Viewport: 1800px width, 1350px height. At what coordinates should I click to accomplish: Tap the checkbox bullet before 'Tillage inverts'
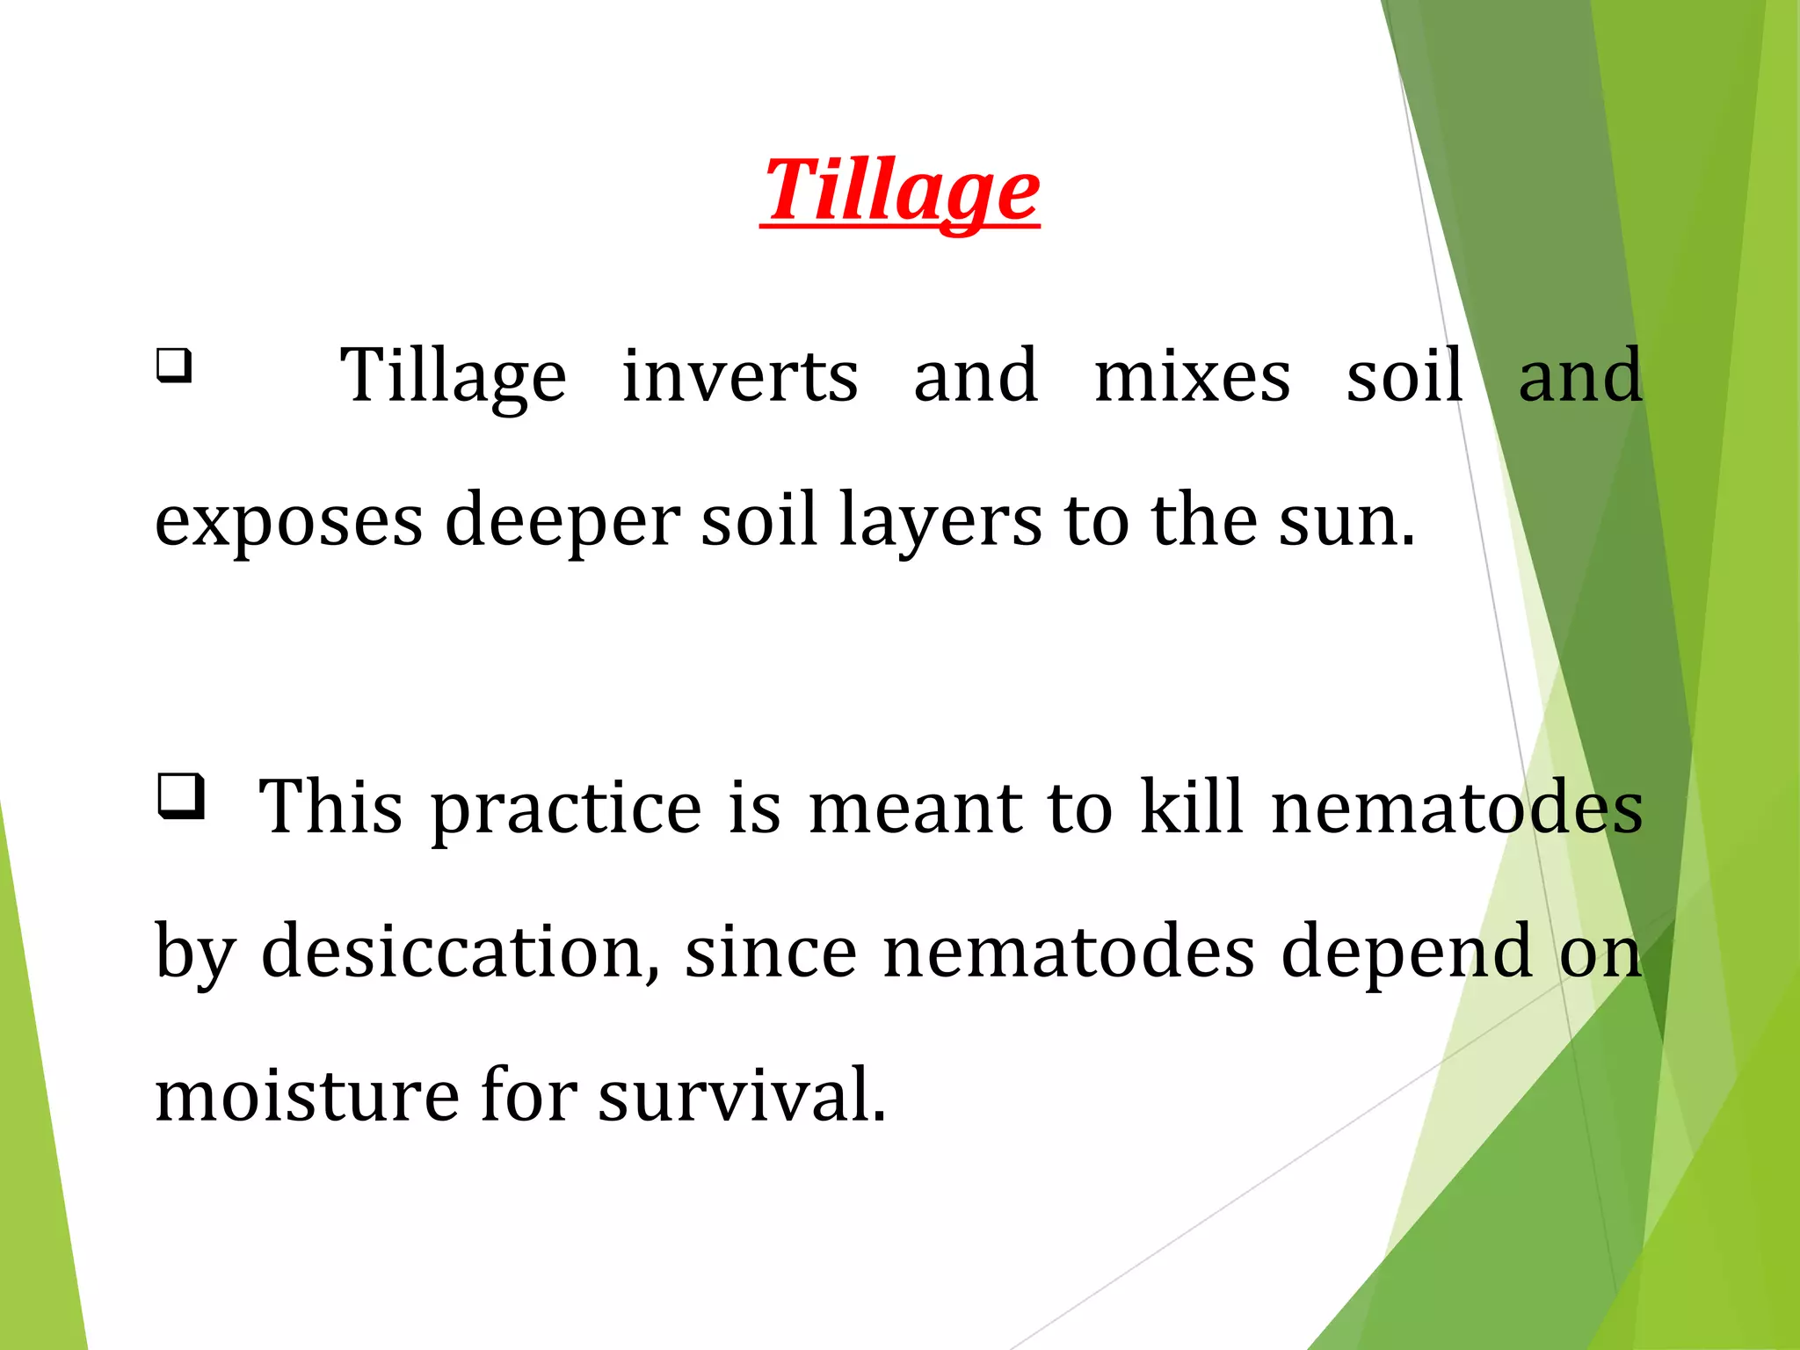coord(174,365)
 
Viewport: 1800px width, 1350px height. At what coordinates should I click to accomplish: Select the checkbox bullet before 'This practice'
coord(181,795)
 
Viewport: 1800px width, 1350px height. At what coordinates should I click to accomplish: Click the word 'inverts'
coord(740,376)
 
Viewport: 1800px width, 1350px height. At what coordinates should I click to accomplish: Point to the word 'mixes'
coord(1193,376)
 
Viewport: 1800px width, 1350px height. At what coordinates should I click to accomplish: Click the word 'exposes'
coord(289,520)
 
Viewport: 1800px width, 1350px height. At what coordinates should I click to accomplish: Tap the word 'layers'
coord(940,520)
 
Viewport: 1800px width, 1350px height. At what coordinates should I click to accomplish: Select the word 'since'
coord(771,951)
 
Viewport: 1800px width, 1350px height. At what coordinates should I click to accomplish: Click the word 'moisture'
coord(307,1095)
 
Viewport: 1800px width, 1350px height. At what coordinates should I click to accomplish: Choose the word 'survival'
coord(742,1095)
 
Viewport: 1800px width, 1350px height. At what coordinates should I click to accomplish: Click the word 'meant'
coord(916,807)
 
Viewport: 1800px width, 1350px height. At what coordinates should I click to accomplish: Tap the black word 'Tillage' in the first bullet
coord(454,376)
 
